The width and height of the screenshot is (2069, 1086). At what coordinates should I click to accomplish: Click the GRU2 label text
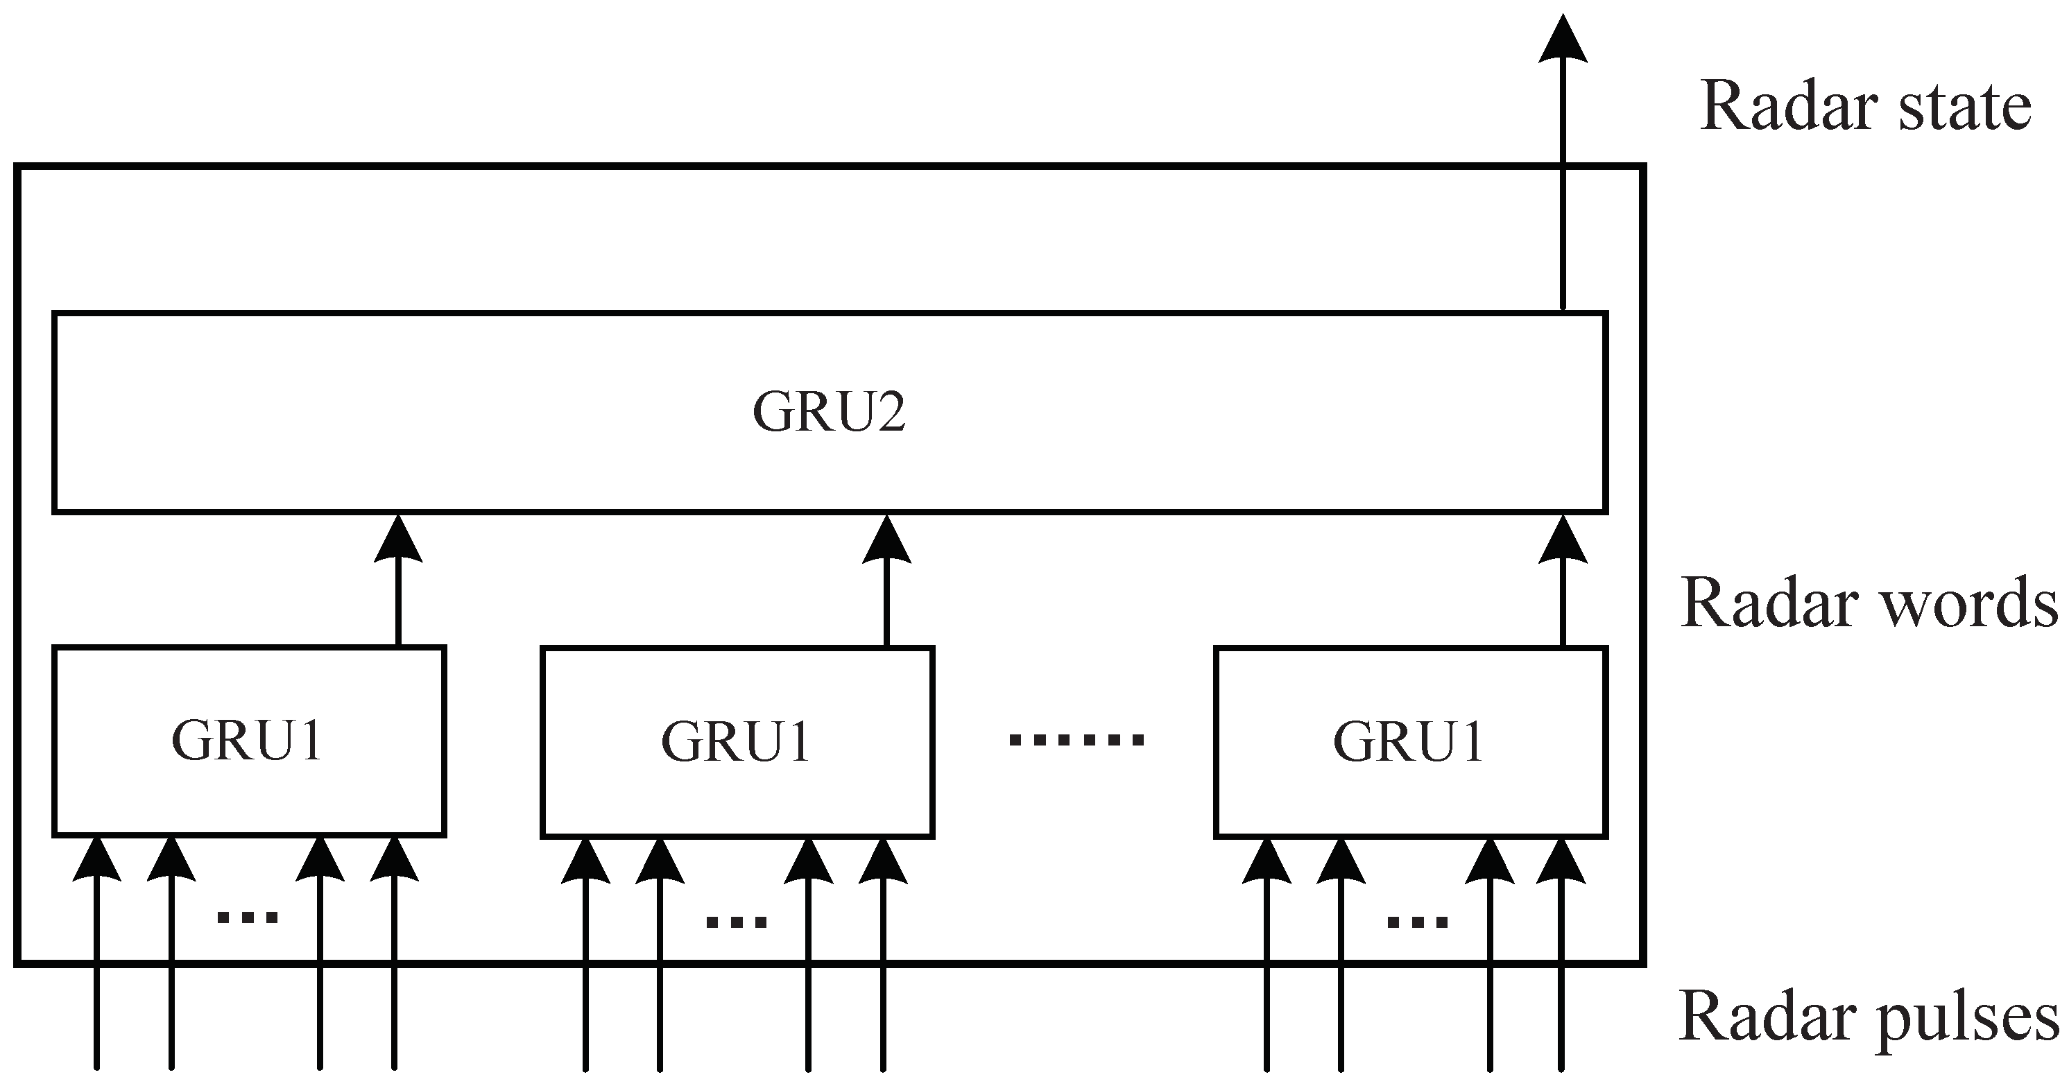829,412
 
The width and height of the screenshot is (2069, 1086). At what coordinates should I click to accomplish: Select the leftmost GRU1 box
248,741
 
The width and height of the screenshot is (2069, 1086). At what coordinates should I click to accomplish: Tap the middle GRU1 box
737,741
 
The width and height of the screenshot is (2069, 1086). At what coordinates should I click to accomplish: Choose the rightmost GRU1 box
1409,741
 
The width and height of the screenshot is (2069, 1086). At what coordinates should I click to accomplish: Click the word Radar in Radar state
1787,107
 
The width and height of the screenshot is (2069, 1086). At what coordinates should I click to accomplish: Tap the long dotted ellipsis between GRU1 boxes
1076,740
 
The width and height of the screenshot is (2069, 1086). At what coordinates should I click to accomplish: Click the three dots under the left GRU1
248,917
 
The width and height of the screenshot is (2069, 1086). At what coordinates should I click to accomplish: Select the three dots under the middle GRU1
737,922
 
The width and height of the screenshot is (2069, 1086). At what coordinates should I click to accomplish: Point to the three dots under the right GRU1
1418,922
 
